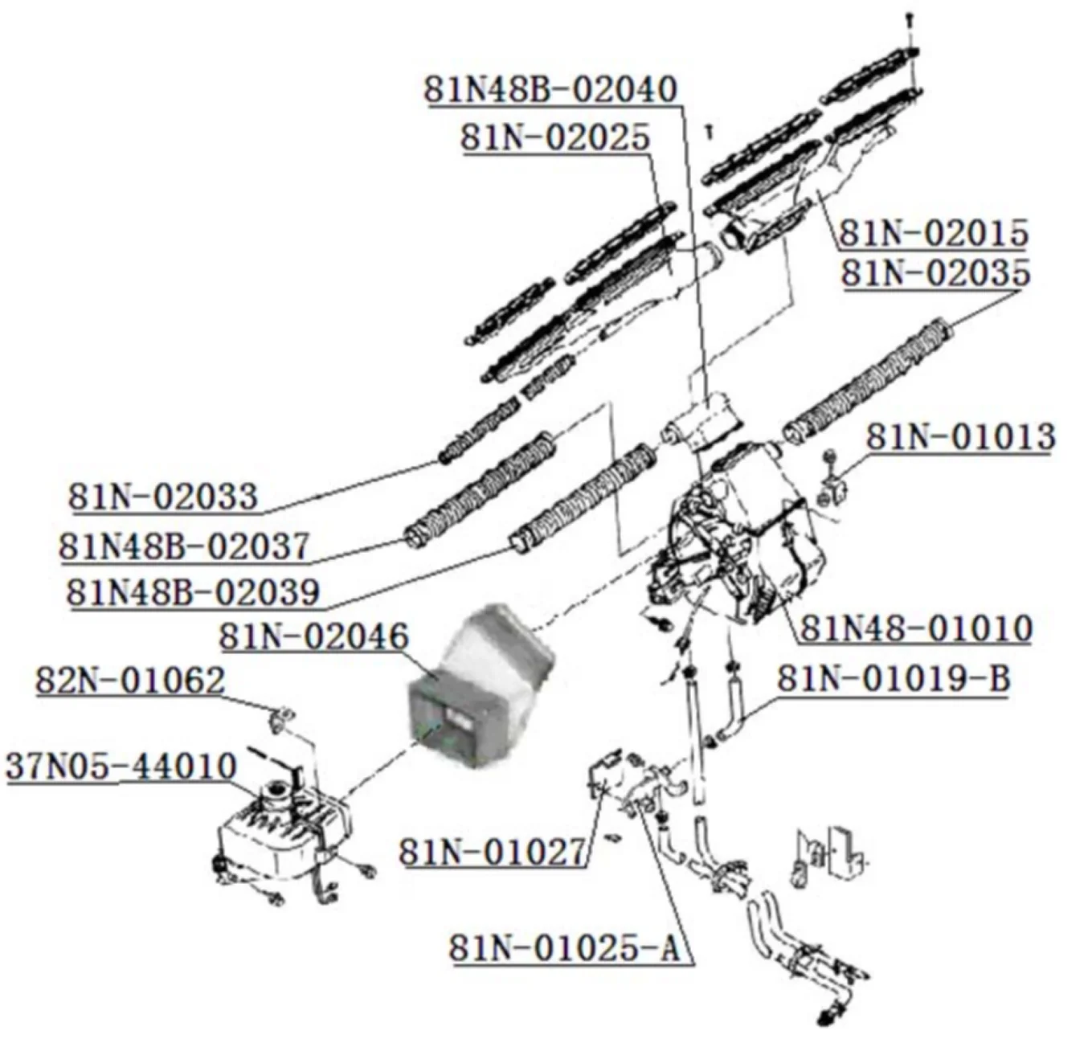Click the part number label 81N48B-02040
[551, 89]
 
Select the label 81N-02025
[554, 137]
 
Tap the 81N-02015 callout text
[934, 232]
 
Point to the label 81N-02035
[935, 272]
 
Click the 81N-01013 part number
[959, 437]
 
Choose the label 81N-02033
[163, 496]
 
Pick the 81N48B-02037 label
[184, 546]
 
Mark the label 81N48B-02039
[193, 592]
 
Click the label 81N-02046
[314, 637]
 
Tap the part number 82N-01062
[130, 681]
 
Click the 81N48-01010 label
[916, 628]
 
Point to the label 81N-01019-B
[893, 679]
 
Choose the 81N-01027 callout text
[493, 852]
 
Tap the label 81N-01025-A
[564, 948]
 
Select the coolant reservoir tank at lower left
[277, 836]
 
